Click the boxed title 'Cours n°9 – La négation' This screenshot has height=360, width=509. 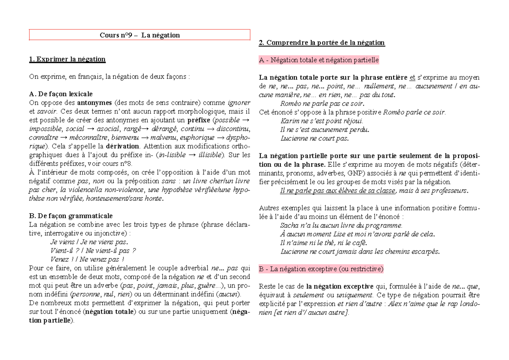[140, 35]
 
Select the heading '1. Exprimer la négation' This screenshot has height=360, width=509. [67, 59]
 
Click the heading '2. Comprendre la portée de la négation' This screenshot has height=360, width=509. [322, 42]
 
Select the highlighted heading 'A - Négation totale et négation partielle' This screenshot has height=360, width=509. [319, 60]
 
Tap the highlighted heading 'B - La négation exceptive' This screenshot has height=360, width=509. [321, 269]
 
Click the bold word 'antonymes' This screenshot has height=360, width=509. [95, 103]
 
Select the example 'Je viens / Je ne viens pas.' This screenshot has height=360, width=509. [89, 242]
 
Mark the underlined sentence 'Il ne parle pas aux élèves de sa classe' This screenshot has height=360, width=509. [338, 191]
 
